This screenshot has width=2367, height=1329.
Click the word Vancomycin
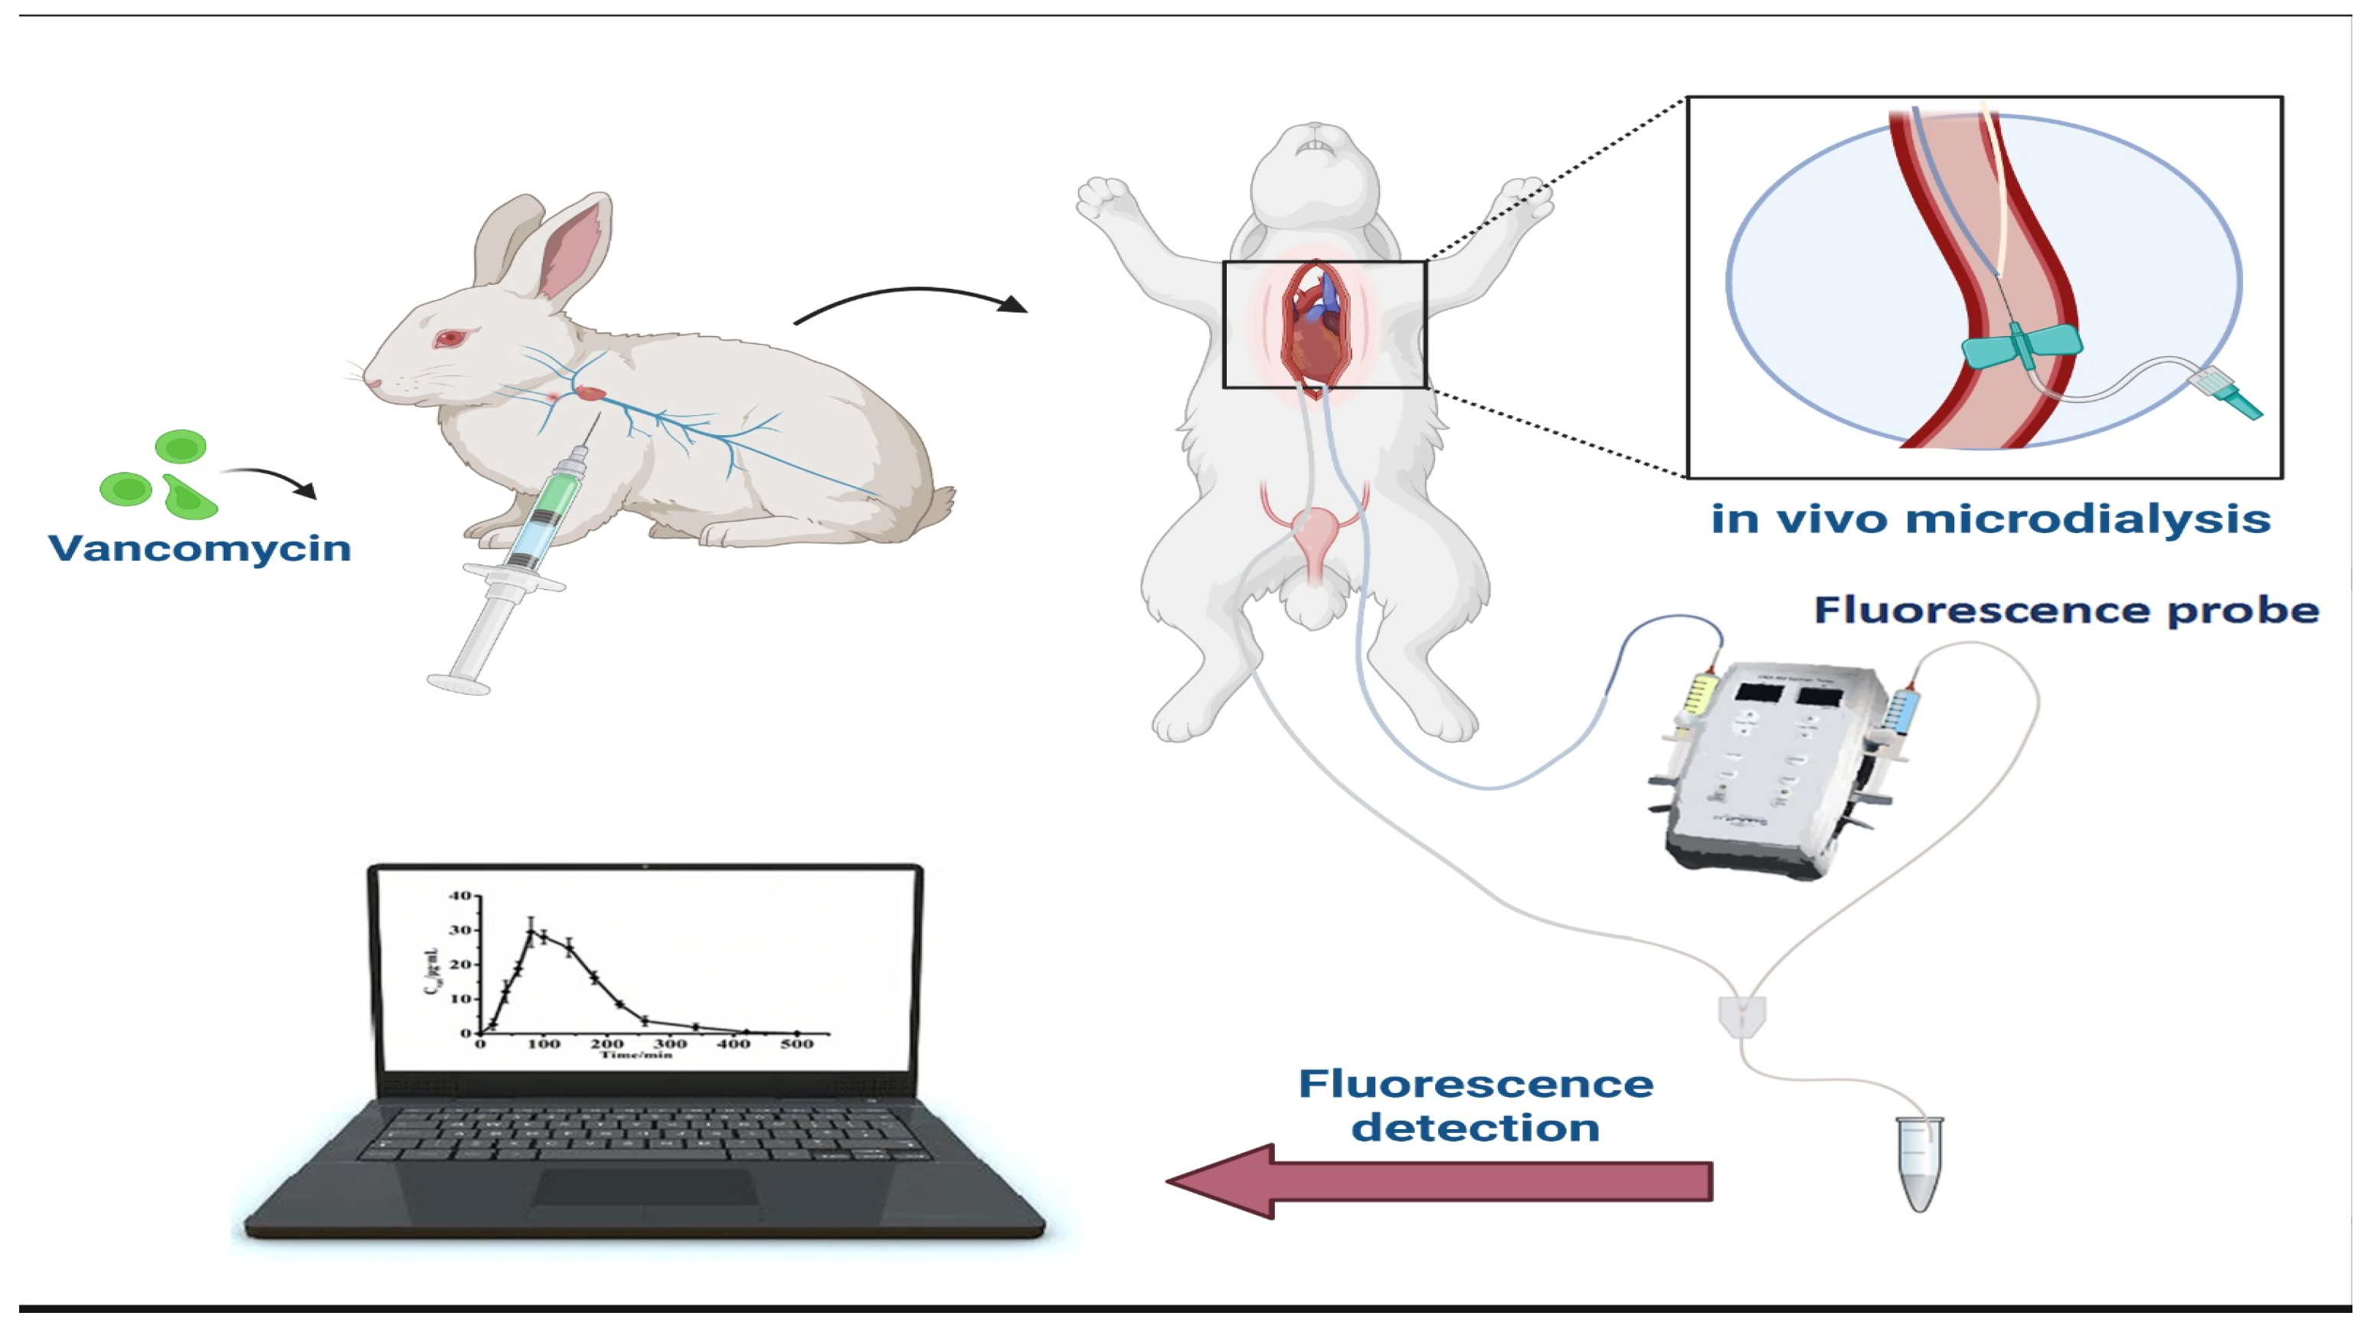tap(199, 548)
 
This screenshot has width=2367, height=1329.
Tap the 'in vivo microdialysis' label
tap(1990, 519)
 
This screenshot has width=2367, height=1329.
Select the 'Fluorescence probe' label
tap(2065, 610)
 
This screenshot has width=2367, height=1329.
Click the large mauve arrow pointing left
tap(1439, 1181)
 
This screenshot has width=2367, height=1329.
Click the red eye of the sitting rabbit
tap(450, 339)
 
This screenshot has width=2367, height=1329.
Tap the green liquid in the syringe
tap(561, 496)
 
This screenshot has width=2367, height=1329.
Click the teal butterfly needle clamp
tap(2022, 346)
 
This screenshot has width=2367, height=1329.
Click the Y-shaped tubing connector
tap(1741, 1016)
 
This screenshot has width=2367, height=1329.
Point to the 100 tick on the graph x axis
tap(543, 1043)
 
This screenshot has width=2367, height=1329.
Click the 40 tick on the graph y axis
tap(460, 895)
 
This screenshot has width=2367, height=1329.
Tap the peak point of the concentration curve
tap(530, 931)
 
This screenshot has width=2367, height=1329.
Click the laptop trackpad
tap(646, 1187)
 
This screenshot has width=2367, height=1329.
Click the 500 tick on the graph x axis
tap(796, 1043)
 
